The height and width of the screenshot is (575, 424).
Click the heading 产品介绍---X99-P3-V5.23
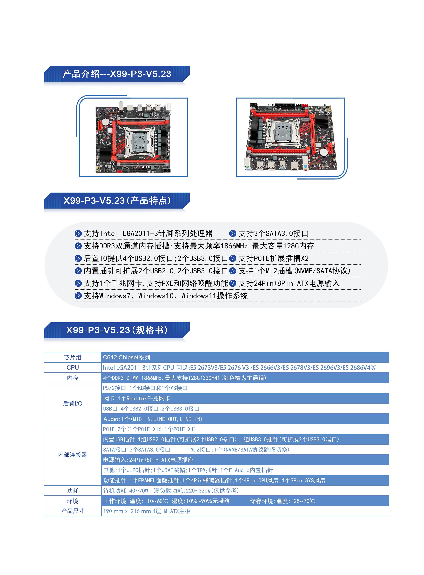click(x=117, y=74)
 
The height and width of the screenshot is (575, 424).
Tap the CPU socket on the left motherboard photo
click(x=139, y=141)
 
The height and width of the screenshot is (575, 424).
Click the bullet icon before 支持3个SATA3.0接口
click(x=233, y=234)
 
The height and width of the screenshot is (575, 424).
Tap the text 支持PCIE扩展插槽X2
click(x=274, y=258)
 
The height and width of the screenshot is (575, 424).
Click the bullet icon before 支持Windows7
click(x=78, y=296)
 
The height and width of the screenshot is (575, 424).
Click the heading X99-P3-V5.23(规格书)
click(x=117, y=330)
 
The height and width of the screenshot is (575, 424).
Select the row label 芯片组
click(x=73, y=357)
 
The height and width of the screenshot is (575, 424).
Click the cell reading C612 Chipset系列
click(x=126, y=357)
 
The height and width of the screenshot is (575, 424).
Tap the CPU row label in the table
click(x=73, y=368)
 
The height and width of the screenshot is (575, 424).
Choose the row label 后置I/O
click(x=73, y=404)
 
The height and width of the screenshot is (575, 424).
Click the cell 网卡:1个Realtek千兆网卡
click(x=137, y=399)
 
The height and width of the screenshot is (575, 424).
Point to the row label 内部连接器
click(x=73, y=455)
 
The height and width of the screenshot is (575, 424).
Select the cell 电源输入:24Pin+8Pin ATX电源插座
click(x=148, y=460)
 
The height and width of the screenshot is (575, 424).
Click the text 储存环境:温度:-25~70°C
click(x=282, y=501)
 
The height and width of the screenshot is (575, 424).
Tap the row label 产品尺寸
click(x=73, y=511)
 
